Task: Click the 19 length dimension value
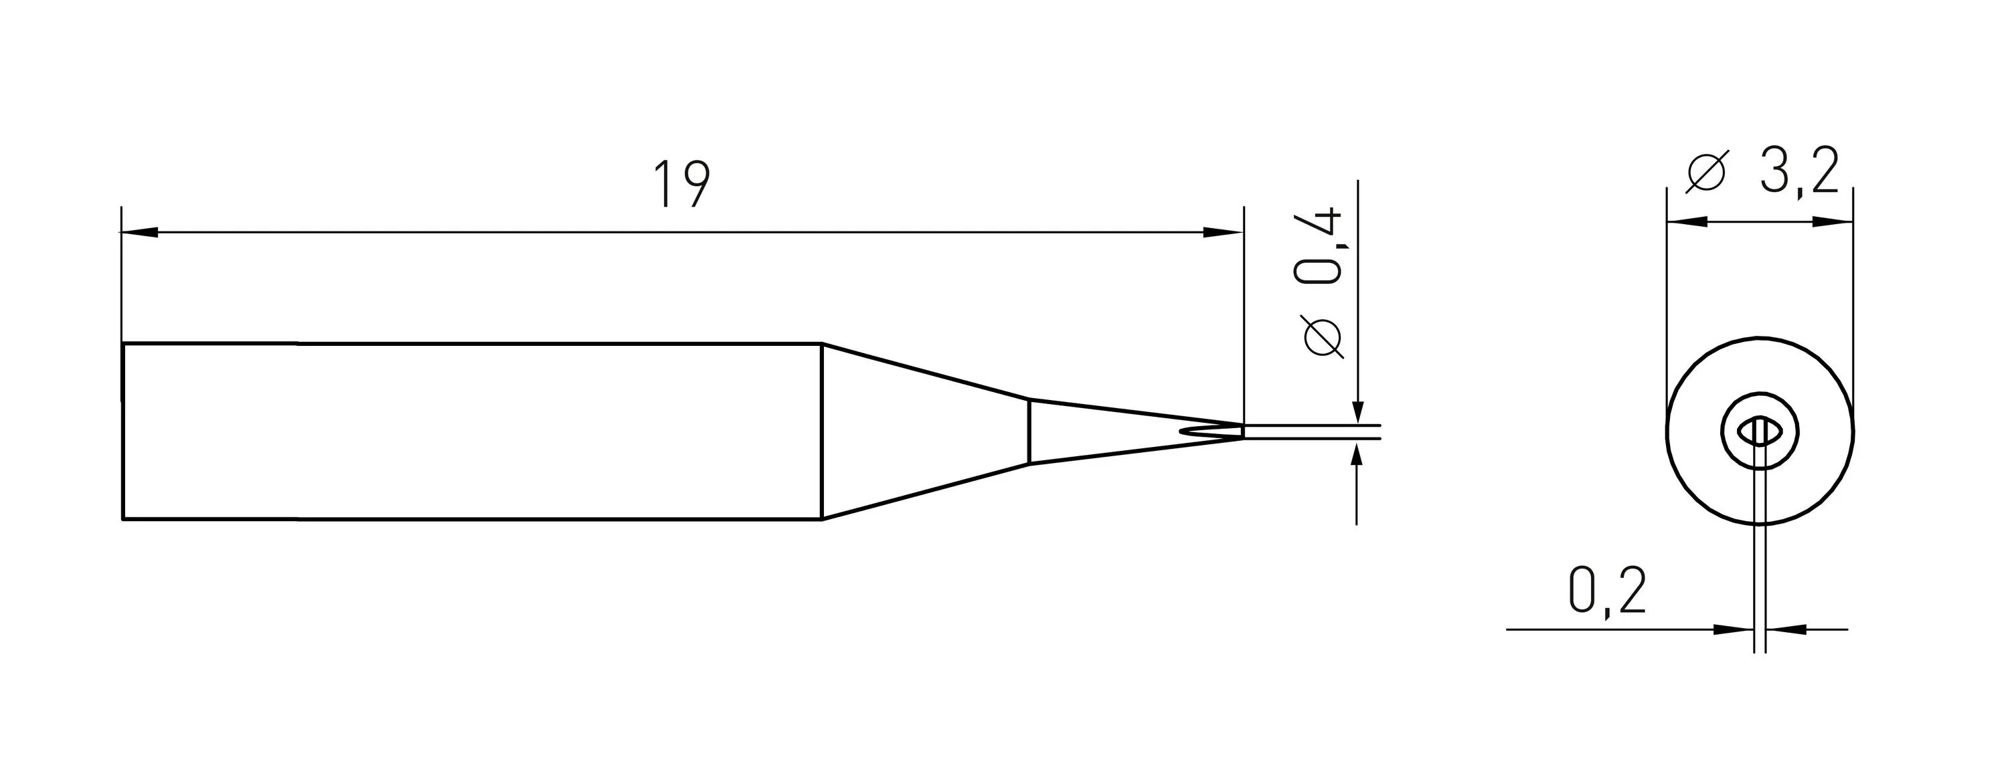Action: pyautogui.click(x=682, y=185)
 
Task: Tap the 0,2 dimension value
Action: pyautogui.click(x=1606, y=590)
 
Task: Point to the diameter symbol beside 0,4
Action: pyautogui.click(x=1322, y=338)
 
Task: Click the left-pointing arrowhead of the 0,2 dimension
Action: pyautogui.click(x=1785, y=629)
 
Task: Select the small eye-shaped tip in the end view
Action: pyautogui.click(x=1759, y=431)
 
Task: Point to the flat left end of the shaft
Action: pyautogui.click(x=123, y=431)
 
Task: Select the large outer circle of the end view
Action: pyautogui.click(x=1668, y=431)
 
